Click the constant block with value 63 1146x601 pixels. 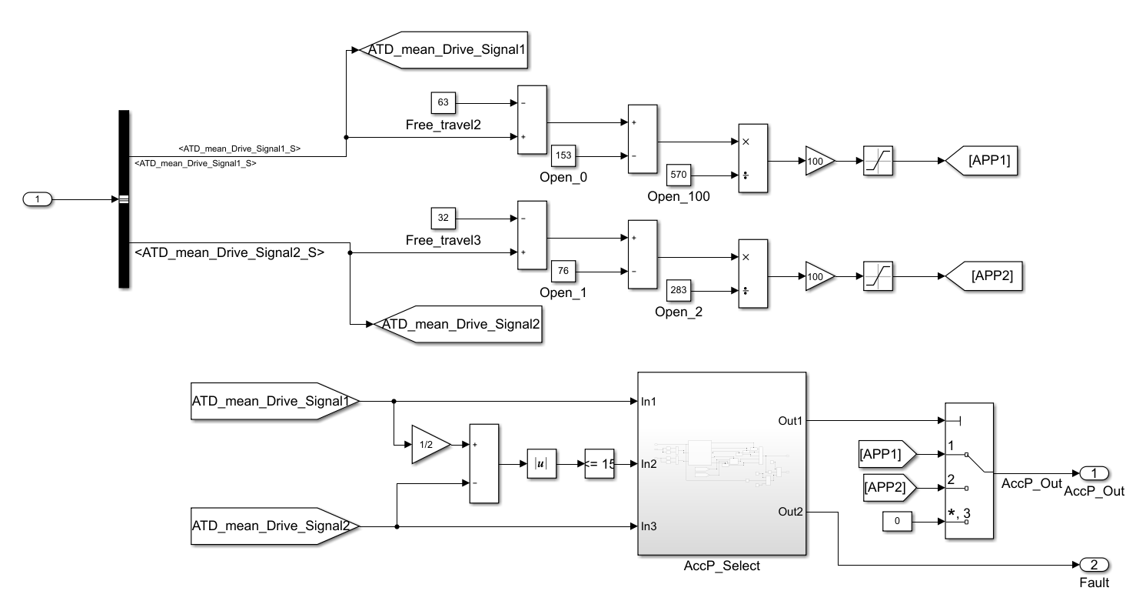[443, 102]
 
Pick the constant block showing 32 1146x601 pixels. [443, 218]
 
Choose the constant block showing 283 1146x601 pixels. [679, 291]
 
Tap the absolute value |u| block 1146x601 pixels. [540, 464]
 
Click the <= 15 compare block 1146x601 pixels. [600, 464]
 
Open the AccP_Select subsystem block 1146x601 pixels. [721, 463]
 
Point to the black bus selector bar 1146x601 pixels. [124, 199]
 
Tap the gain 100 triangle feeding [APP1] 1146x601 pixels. [818, 162]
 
